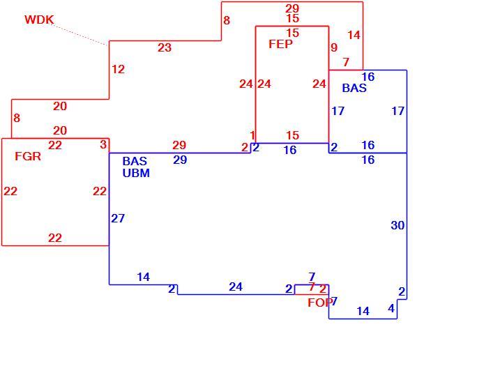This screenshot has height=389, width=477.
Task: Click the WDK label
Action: click(39, 20)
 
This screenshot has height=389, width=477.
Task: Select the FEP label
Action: click(280, 45)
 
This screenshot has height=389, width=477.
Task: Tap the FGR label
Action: click(28, 156)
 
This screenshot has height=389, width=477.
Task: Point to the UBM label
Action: click(136, 173)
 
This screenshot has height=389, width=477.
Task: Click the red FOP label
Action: click(319, 303)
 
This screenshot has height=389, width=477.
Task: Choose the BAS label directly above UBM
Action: click(135, 161)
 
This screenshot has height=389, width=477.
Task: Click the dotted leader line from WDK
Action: click(79, 35)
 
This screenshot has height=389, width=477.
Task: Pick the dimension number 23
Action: click(165, 47)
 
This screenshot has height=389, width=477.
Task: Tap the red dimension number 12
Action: click(119, 69)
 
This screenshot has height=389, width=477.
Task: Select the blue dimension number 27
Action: click(118, 218)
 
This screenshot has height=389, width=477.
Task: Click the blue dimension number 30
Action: click(397, 225)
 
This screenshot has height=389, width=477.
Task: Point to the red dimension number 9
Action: click(334, 47)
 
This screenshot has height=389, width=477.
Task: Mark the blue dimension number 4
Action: click(391, 308)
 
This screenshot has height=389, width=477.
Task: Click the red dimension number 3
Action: click(103, 145)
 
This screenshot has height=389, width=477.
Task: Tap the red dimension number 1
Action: click(252, 135)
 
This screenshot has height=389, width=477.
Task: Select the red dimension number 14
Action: click(354, 36)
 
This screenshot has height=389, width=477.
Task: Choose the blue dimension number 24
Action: click(236, 287)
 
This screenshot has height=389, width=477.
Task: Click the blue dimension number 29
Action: click(180, 160)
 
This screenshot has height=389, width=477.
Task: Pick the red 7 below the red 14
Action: click(346, 62)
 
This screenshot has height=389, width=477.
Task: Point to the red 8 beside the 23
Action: click(227, 20)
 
